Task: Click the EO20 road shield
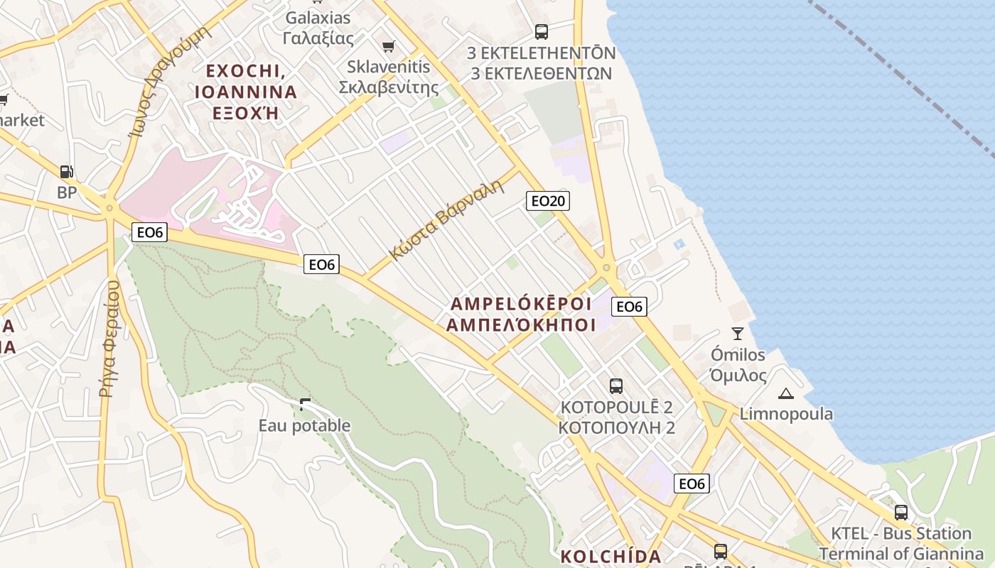pyautogui.click(x=548, y=201)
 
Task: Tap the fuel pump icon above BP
pyautogui.click(x=66, y=172)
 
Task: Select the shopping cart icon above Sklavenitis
pyautogui.click(x=388, y=46)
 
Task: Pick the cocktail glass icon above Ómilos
pyautogui.click(x=738, y=333)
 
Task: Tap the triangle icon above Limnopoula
pyautogui.click(x=785, y=393)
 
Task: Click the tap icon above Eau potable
pyautogui.click(x=305, y=405)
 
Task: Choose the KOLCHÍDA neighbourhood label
pyautogui.click(x=611, y=556)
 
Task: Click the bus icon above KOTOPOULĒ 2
pyautogui.click(x=616, y=386)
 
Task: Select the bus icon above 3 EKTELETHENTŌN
pyautogui.click(x=542, y=32)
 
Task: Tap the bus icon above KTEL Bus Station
pyautogui.click(x=901, y=512)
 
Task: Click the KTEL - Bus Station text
pyautogui.click(x=901, y=534)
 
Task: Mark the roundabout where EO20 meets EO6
pyautogui.click(x=606, y=268)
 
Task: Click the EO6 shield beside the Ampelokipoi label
pyautogui.click(x=629, y=307)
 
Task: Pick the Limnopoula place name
pyautogui.click(x=786, y=413)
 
